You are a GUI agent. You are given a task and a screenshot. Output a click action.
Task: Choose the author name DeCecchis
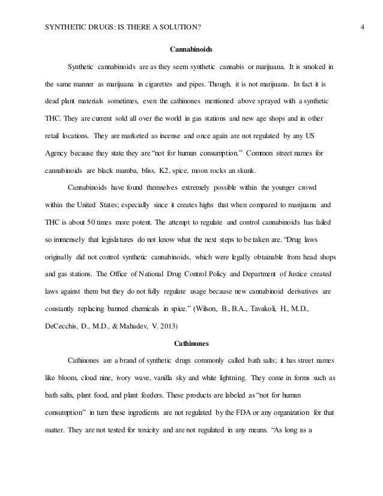[x=64, y=329]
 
